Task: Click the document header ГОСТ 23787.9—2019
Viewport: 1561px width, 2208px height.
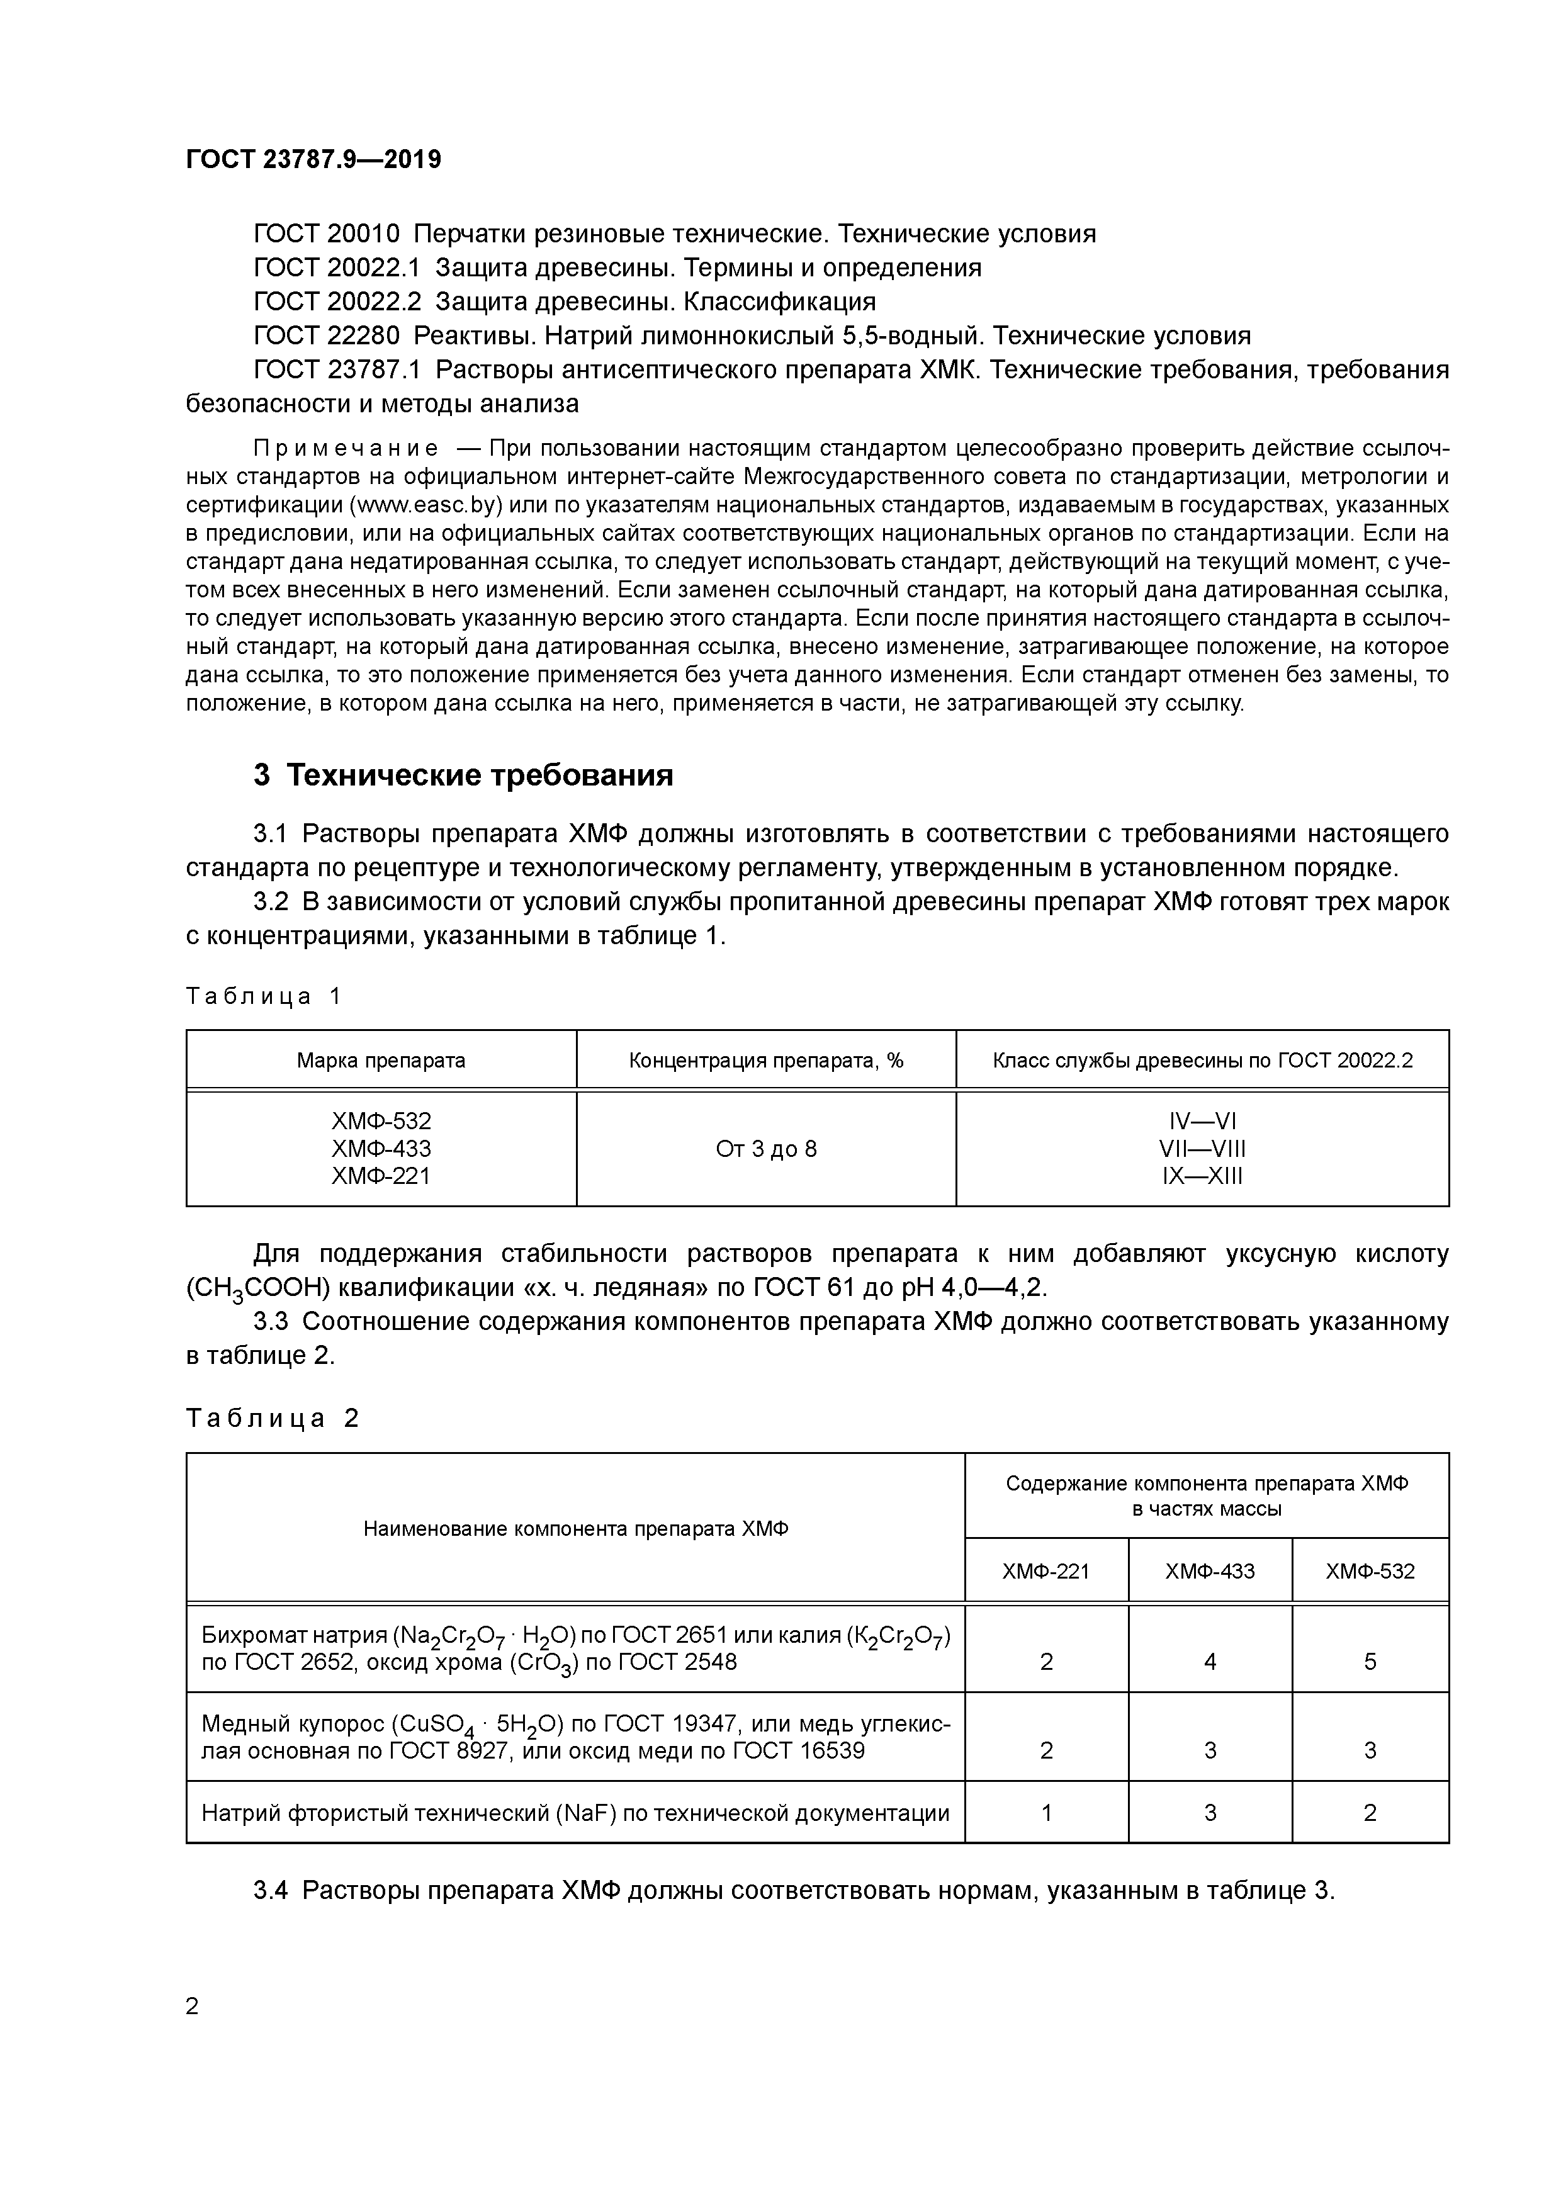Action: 313,160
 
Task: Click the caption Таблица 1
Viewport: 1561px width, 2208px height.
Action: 262,996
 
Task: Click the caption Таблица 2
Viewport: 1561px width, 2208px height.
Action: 271,1419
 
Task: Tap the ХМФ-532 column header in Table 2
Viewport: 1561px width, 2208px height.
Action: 1370,1572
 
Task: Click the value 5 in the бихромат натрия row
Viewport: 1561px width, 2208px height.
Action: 1370,1662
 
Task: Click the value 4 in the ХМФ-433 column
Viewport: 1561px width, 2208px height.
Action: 1209,1662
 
